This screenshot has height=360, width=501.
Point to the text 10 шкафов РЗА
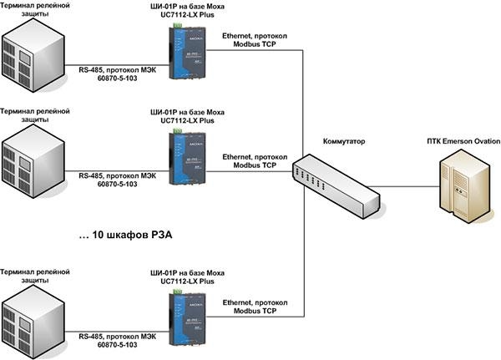[125, 236]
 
